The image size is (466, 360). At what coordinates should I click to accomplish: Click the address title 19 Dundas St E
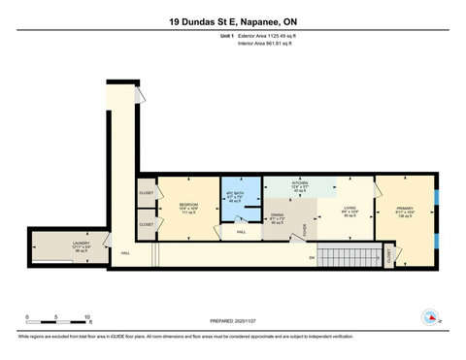232,20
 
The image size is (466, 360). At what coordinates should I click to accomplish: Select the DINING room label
278,219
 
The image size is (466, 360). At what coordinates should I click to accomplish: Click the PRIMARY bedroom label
405,211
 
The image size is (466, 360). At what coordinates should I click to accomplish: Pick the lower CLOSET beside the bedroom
146,224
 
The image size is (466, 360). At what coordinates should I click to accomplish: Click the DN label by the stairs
312,257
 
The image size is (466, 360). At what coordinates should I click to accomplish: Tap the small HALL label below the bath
242,233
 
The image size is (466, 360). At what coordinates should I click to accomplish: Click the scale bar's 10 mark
87,318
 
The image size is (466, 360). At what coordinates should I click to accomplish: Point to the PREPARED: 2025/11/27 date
233,321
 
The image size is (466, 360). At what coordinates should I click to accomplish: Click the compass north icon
429,315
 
